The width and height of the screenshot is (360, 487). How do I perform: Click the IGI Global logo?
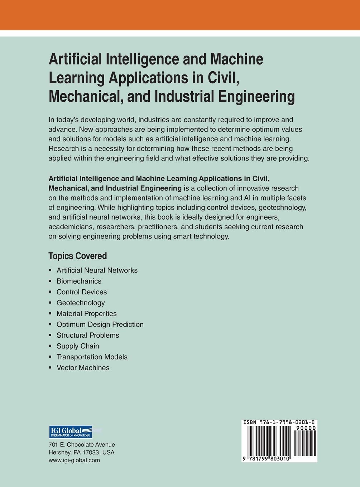click(x=70, y=432)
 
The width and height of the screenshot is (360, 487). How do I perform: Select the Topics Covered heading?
click(x=78, y=256)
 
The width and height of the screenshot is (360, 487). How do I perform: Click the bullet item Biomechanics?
click(x=79, y=281)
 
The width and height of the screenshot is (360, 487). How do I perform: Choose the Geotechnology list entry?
click(x=81, y=303)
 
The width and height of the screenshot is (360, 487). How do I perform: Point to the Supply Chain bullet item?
click(x=78, y=346)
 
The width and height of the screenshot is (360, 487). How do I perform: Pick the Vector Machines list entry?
click(x=83, y=368)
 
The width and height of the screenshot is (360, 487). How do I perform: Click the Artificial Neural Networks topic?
click(x=97, y=270)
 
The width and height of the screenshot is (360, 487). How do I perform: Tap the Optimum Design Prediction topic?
click(x=100, y=324)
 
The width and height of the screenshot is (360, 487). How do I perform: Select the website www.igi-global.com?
click(x=74, y=460)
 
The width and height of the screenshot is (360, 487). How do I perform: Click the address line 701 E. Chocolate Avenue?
click(x=82, y=445)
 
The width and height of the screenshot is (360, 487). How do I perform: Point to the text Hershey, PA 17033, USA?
click(x=81, y=452)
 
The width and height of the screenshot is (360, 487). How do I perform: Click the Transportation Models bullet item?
click(x=92, y=357)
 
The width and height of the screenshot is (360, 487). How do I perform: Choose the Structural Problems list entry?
click(x=88, y=335)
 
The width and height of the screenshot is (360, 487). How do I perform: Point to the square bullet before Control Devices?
click(x=50, y=292)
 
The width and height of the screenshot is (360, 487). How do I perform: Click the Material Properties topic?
click(x=86, y=314)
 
